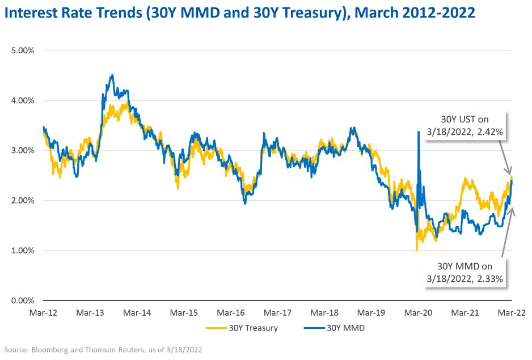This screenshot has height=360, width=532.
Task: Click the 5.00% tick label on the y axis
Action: (x=23, y=50)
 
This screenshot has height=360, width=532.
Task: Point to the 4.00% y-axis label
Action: (x=23, y=100)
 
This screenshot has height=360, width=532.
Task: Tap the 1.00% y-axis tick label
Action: (x=23, y=251)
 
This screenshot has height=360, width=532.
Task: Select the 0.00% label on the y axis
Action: (x=23, y=300)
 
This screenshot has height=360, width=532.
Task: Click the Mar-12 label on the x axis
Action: (x=44, y=312)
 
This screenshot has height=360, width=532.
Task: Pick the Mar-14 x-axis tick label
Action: (x=137, y=312)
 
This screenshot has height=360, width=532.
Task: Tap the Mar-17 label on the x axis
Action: (x=278, y=312)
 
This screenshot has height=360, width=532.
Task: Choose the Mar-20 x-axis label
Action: (x=419, y=312)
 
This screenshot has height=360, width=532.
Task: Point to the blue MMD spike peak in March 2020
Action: (x=418, y=132)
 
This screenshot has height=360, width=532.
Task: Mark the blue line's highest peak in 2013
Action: (x=112, y=75)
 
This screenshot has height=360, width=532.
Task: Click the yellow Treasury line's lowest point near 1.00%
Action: (x=417, y=250)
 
